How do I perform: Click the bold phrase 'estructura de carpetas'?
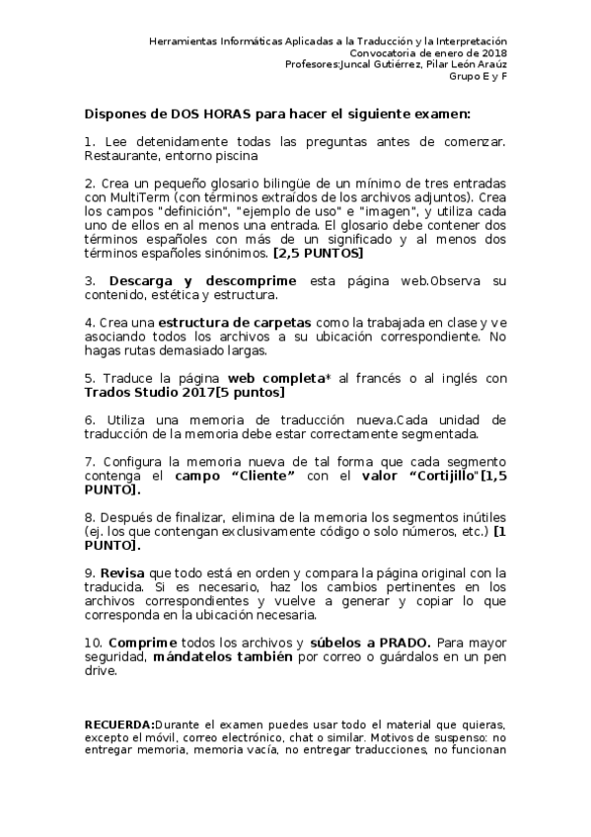[232, 323]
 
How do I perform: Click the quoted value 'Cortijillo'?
[441, 476]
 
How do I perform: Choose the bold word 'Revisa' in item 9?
[123, 572]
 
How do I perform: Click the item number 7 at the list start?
[89, 462]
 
